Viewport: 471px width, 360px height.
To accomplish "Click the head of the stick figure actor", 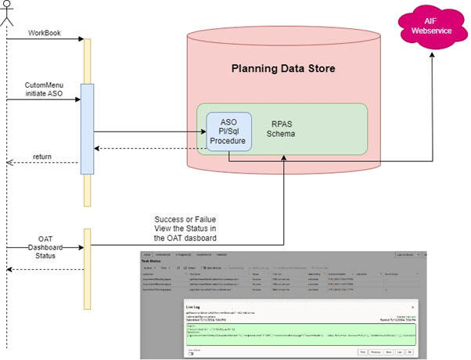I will point(6,5).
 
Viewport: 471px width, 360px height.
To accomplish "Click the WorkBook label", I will point(44,34).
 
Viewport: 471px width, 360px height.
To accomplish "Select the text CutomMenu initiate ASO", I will point(44,88).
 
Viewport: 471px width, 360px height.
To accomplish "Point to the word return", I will point(43,157).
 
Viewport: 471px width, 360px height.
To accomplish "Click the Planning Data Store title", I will point(283,69).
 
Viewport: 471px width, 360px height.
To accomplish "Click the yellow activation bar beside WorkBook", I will point(88,59).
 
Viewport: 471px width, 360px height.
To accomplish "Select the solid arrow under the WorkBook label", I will point(44,41).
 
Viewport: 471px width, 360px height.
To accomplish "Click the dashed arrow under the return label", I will point(43,164).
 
